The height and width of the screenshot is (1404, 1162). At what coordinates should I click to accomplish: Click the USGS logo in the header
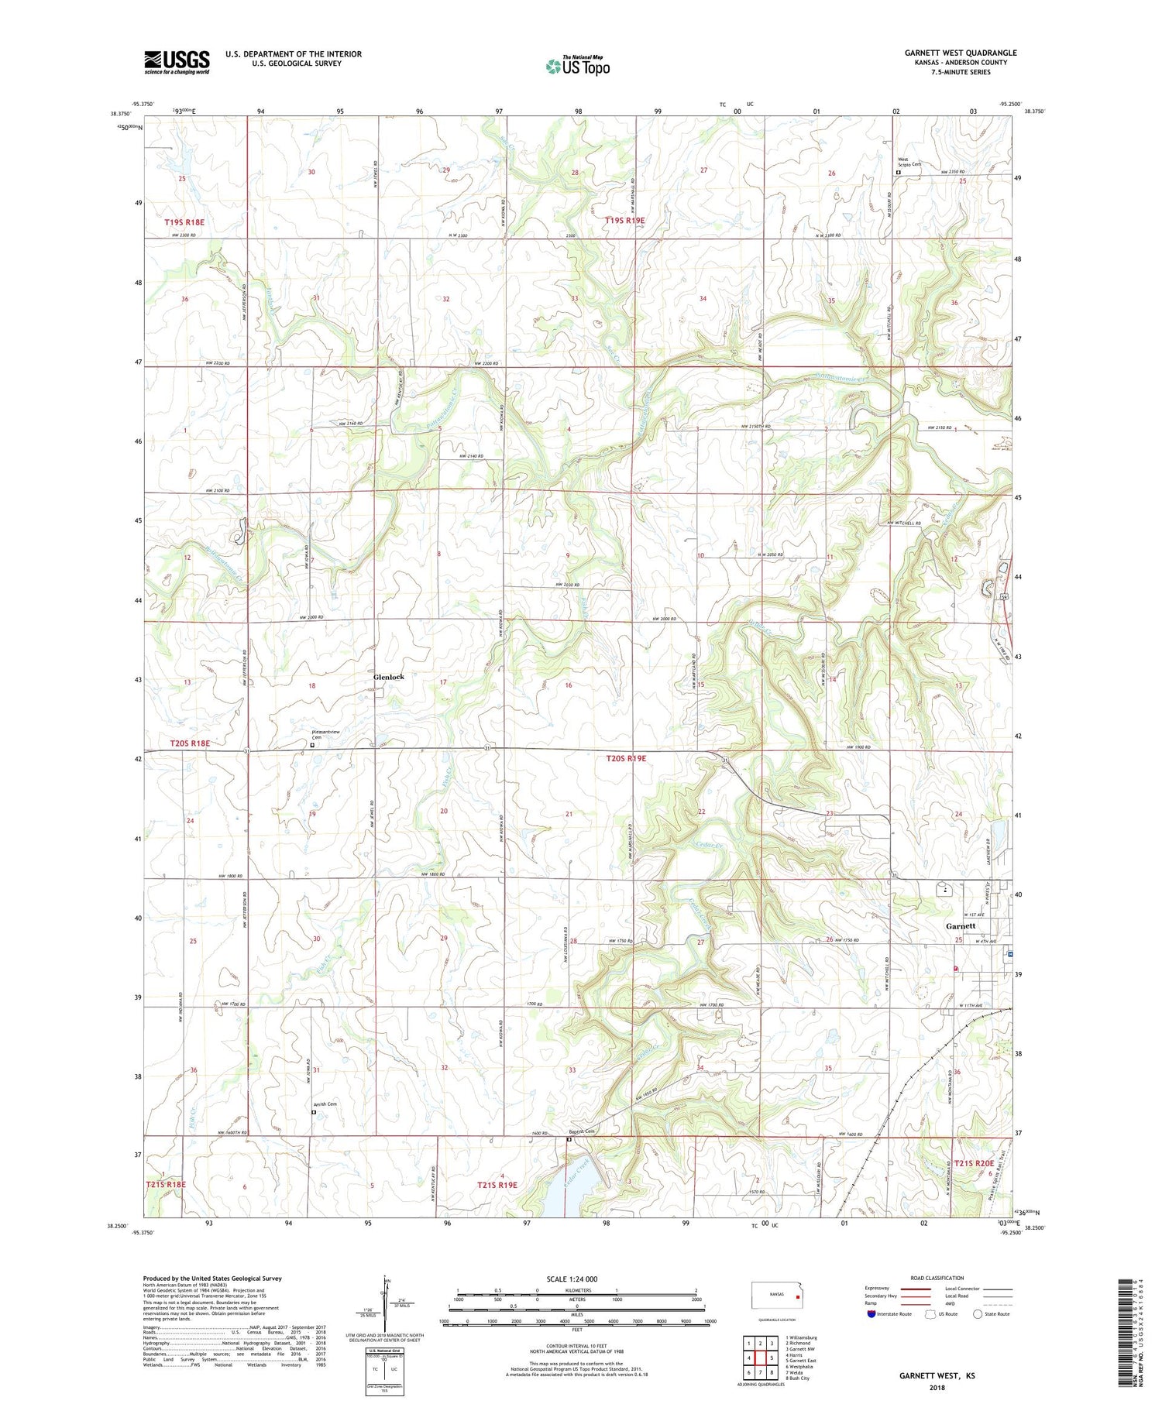coord(177,62)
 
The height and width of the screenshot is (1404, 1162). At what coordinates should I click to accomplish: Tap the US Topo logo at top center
coord(577,66)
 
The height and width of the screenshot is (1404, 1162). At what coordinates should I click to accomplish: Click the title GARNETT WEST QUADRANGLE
coord(961,53)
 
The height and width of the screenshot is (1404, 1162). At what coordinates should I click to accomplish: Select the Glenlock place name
coord(388,677)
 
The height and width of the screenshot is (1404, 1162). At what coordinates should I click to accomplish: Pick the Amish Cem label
coord(325,1104)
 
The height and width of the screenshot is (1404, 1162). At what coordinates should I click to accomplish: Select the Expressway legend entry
coord(881,1289)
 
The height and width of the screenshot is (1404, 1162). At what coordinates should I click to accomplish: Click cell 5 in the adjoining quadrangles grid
coord(772,1358)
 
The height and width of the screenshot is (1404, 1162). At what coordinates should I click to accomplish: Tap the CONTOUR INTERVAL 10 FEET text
coord(576,1347)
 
